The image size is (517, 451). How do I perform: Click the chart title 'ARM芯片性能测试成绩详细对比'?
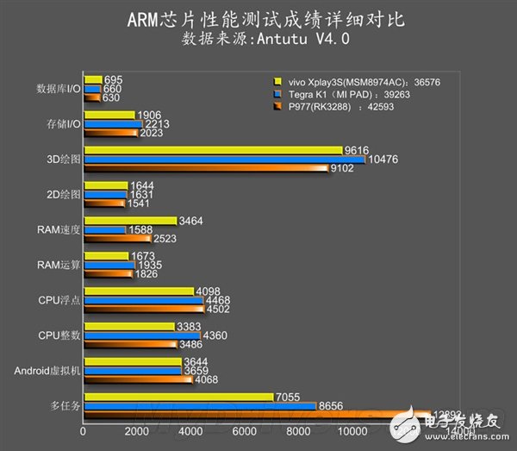coord(258,17)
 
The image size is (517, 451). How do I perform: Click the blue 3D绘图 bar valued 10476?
coord(224,160)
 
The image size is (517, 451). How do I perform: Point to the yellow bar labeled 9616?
coord(213,149)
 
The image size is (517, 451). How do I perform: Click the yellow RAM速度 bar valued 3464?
coord(129,221)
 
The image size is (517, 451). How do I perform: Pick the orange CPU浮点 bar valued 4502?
coord(144,309)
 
